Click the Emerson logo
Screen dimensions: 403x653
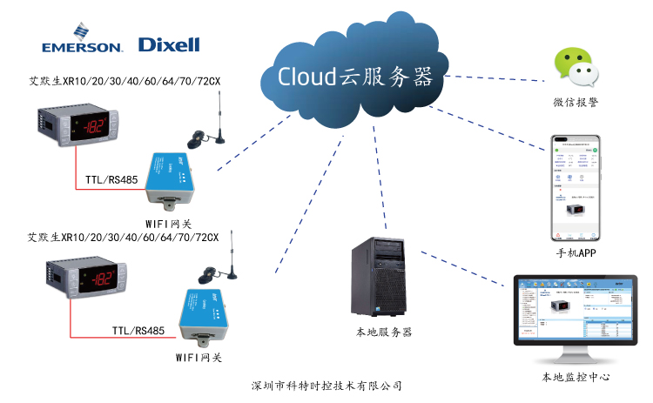pyautogui.click(x=82, y=43)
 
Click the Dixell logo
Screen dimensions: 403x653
pyautogui.click(x=170, y=44)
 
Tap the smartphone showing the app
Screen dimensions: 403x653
pyautogui.click(x=575, y=187)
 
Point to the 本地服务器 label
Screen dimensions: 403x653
pyautogui.click(x=383, y=332)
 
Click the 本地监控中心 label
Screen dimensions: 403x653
pyautogui.click(x=575, y=378)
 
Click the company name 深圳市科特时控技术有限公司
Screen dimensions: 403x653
pyautogui.click(x=326, y=385)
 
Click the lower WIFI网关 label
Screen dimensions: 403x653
pyautogui.click(x=199, y=357)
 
